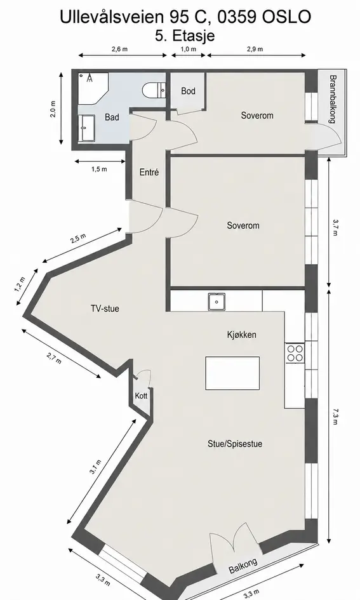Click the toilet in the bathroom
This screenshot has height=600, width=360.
[x=154, y=91]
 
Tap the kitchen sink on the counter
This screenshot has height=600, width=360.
[x=217, y=302]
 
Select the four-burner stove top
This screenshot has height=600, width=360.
[x=295, y=353]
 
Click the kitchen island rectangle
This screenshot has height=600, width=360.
[x=232, y=373]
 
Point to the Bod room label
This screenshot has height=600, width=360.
[x=188, y=91]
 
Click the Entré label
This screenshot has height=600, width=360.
[x=149, y=172]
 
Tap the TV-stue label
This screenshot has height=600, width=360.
[x=105, y=309]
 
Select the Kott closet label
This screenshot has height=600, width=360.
[x=141, y=396]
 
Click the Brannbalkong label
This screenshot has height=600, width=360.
[x=333, y=99]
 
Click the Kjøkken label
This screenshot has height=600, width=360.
[x=242, y=335]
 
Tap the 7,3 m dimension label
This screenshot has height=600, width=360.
[x=335, y=417]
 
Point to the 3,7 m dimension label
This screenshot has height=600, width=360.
[x=335, y=227]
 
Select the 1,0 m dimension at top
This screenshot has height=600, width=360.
[x=188, y=49]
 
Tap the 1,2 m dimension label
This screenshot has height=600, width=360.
[x=20, y=284]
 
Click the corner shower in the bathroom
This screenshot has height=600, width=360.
[x=93, y=88]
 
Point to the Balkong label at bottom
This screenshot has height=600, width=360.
[x=243, y=566]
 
